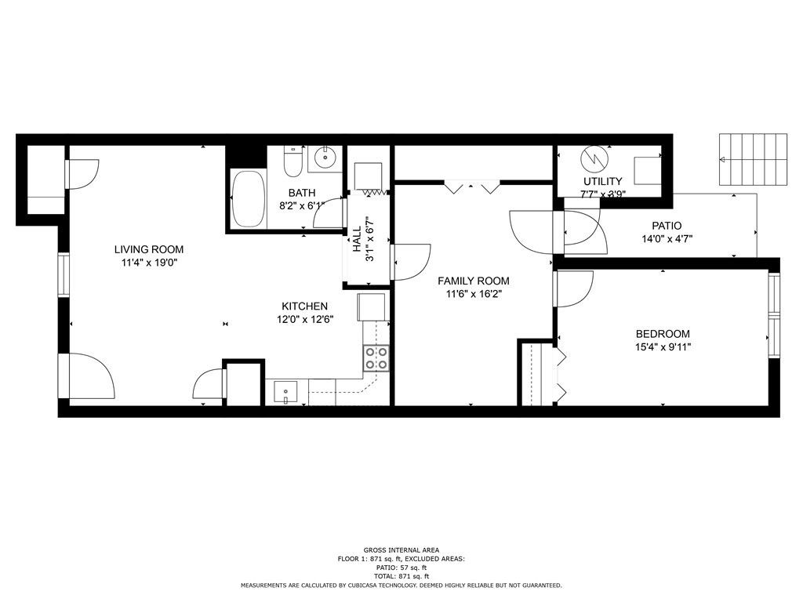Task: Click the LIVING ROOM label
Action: [x=148, y=249]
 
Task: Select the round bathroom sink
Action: [x=325, y=156]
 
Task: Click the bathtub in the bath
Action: [x=249, y=198]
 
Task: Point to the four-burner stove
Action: [x=376, y=357]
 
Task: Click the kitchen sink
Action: [x=285, y=393]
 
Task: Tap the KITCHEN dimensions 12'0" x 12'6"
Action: [x=305, y=320]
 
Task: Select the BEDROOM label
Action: [x=663, y=334]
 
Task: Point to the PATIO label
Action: [x=667, y=225]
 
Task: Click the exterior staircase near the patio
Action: [x=753, y=159]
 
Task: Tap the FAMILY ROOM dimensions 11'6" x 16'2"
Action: [x=473, y=294]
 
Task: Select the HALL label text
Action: [x=357, y=238]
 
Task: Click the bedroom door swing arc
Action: [x=581, y=296]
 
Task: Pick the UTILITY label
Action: [x=603, y=181]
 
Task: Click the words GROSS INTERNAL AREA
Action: [x=401, y=550]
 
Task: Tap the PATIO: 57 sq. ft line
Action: [x=401, y=568]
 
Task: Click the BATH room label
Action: [x=302, y=193]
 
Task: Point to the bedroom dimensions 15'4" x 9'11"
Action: [x=663, y=347]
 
